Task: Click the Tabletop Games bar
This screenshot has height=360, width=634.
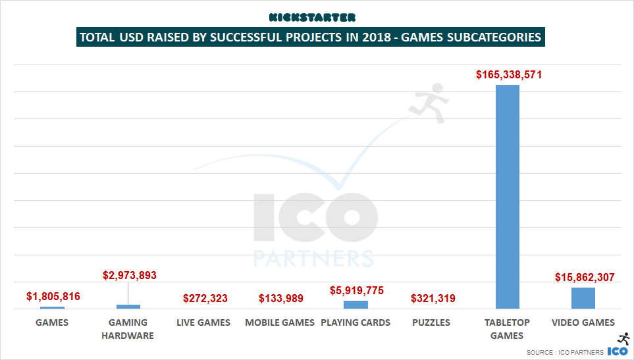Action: coord(507,197)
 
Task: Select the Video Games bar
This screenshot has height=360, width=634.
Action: coord(583,298)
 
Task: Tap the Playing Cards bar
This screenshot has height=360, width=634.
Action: coord(356,305)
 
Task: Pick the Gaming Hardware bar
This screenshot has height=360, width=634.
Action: coord(128,306)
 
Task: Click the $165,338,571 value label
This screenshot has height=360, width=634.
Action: coord(509,75)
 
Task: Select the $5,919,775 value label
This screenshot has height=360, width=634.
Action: coord(356,290)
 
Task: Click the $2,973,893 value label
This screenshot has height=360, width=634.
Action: coord(130,275)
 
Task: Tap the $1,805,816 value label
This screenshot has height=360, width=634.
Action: coord(53,296)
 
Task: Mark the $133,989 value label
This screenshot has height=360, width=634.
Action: coord(281,299)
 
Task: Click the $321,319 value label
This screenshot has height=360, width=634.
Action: coord(433,299)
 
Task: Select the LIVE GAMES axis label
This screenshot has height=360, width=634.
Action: coord(203,322)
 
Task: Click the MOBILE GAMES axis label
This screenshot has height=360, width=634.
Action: coord(280,322)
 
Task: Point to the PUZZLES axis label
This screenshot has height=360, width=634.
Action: coord(431,322)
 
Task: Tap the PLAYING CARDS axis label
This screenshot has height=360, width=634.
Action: coord(356,322)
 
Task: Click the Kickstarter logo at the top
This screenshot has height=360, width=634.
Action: coord(312,17)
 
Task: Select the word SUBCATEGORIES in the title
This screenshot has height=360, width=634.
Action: coord(489,37)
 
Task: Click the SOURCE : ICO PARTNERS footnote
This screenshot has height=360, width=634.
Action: coord(564,353)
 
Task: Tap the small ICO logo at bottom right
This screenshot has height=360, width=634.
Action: coord(618,351)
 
